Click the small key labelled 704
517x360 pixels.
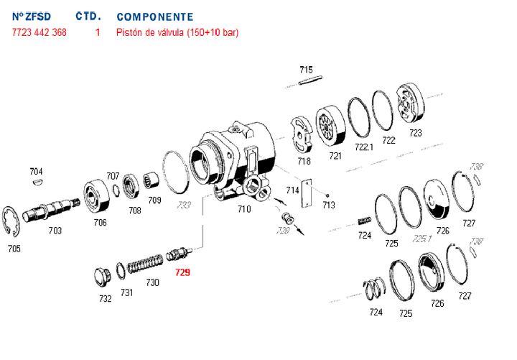(x=37, y=184)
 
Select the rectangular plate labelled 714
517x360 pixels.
(x=307, y=193)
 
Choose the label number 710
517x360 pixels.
(x=244, y=209)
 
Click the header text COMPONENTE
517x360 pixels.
(x=154, y=17)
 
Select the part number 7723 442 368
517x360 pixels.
(x=39, y=32)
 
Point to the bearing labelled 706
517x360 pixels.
(x=96, y=196)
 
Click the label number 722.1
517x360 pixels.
(x=364, y=147)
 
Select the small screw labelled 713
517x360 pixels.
(x=328, y=195)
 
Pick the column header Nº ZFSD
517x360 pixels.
(x=32, y=17)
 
